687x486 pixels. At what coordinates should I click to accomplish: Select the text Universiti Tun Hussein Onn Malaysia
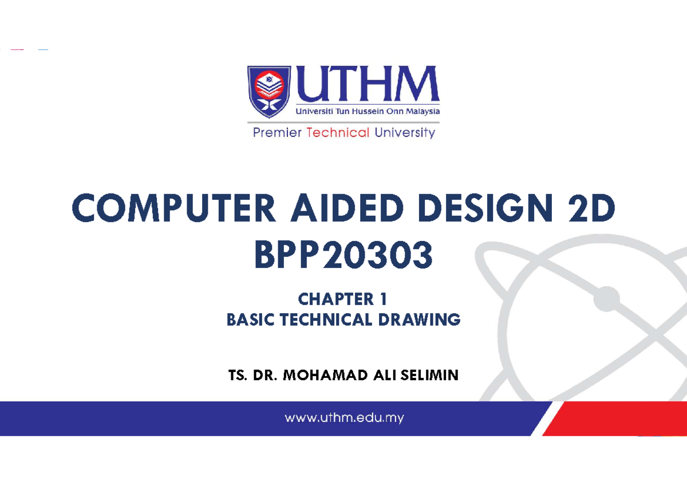[x=368, y=111]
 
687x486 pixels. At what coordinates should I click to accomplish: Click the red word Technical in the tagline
[x=338, y=133]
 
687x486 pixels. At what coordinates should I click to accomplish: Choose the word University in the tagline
[x=405, y=133]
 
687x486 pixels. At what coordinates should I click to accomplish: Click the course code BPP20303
[x=343, y=256]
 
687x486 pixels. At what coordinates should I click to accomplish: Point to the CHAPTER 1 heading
[x=343, y=299]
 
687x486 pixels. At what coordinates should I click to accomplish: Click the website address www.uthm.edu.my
[x=344, y=418]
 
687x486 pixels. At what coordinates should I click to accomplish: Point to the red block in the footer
[x=618, y=418]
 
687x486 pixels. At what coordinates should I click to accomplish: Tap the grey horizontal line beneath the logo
[x=343, y=122]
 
